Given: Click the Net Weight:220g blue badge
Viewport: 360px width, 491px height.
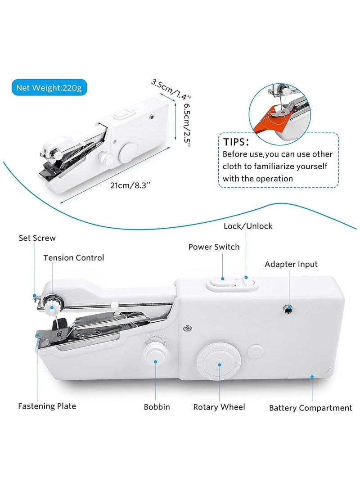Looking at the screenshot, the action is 49,88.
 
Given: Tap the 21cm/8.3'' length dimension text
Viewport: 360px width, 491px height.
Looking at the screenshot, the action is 130,185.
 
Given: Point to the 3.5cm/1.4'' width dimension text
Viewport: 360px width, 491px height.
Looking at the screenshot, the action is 171,89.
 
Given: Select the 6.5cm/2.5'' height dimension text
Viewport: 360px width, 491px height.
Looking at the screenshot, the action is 187,124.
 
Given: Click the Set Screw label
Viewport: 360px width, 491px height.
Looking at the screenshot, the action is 37,238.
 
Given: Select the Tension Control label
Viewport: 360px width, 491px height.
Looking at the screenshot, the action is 73,258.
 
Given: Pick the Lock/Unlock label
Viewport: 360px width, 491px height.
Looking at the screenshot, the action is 248,226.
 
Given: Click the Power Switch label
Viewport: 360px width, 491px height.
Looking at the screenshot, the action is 214,247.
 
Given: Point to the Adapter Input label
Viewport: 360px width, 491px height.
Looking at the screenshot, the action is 291,264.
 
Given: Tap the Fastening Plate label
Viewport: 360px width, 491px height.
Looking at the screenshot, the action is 47,406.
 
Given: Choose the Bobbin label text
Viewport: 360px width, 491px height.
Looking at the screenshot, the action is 157,407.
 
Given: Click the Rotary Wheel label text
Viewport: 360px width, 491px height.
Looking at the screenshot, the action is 219,407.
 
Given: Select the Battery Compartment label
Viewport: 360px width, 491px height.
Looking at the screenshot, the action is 310,408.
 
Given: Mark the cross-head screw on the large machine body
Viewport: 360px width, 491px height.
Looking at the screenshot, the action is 187,328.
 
